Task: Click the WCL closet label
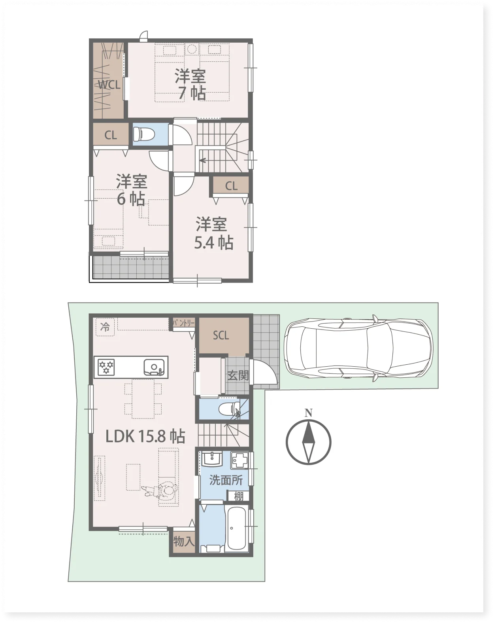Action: point(109,85)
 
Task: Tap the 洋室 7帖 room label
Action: point(190,85)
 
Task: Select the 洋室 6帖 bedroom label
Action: point(131,190)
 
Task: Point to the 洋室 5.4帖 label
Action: point(213,233)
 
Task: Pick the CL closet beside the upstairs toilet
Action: point(111,135)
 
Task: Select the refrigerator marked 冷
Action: point(105,327)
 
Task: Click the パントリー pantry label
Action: point(184,323)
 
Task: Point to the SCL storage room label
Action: point(221,335)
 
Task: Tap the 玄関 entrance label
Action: point(238,376)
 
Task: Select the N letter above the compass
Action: point(309,413)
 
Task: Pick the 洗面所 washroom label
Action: point(226,480)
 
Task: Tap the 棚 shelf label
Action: point(238,496)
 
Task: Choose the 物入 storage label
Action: point(184,541)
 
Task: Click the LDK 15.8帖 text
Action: point(145,436)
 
